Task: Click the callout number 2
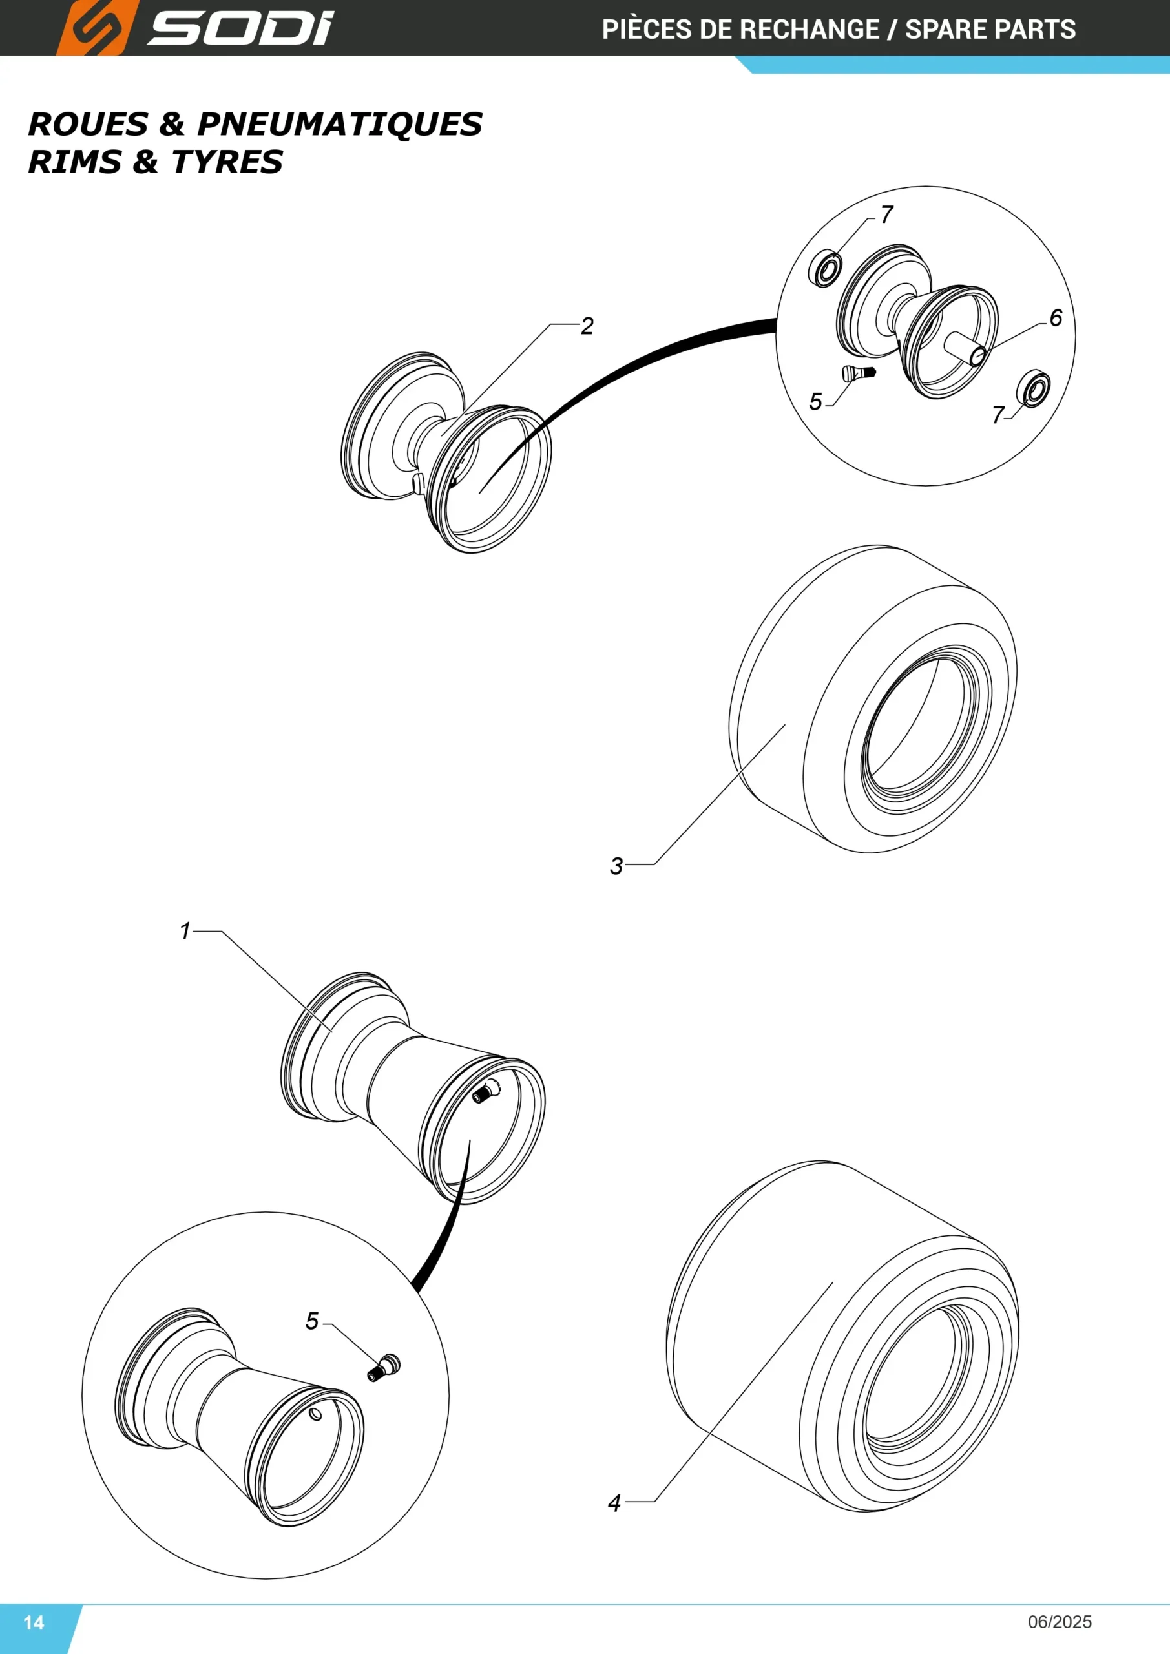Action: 587,326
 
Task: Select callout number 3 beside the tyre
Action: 616,866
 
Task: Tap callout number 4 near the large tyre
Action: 614,1503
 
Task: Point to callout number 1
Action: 185,931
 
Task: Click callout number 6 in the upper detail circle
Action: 1056,318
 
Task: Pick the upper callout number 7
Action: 887,214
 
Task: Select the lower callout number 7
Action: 998,415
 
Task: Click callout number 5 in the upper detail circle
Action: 815,401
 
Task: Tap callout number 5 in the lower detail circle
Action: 311,1321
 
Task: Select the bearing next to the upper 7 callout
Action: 826,269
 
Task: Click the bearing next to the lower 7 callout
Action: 1033,389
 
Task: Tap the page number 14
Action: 34,1622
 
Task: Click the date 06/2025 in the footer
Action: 1060,1622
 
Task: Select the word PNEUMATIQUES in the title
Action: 339,124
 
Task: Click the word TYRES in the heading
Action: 227,162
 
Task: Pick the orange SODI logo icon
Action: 96,28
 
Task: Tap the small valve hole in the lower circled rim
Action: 315,1415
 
